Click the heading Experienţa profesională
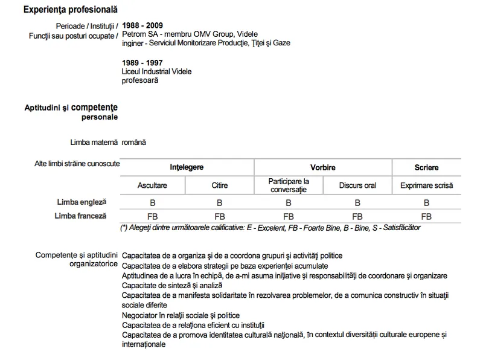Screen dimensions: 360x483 71,10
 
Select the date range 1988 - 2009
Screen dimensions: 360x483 142,26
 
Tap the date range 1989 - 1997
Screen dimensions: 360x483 142,63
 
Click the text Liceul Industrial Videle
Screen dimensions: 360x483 156,71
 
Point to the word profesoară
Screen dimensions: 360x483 140,80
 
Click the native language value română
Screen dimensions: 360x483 133,143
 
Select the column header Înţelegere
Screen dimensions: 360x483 187,167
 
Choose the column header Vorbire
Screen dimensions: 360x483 322,167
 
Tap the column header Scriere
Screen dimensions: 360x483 426,167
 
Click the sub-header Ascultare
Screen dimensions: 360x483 152,185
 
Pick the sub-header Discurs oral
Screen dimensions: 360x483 357,185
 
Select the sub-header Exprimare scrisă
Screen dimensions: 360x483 426,185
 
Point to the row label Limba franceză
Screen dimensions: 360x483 80,216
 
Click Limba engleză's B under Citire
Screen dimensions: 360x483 220,204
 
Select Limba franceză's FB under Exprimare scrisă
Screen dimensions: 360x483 426,216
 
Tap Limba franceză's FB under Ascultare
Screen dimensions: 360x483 152,216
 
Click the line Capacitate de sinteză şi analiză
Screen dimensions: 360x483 172,285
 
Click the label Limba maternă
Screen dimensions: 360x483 94,143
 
